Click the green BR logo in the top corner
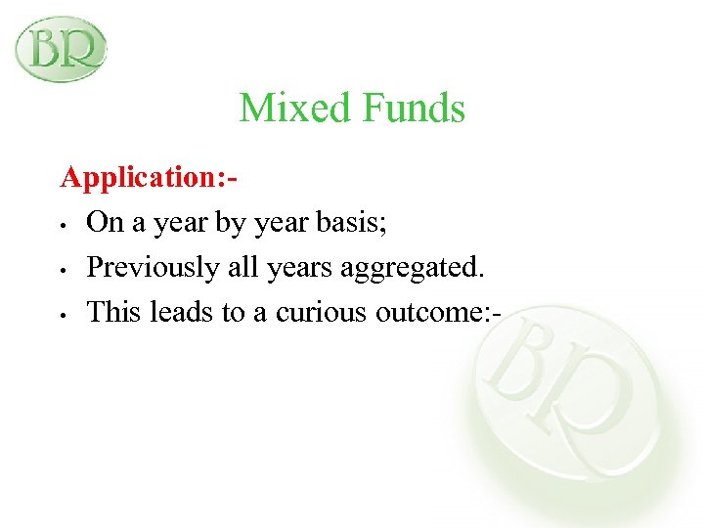pyautogui.click(x=60, y=48)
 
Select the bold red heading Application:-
pyautogui.click(x=150, y=177)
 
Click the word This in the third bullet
pyautogui.click(x=111, y=313)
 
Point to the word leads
pyautogui.click(x=175, y=313)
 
